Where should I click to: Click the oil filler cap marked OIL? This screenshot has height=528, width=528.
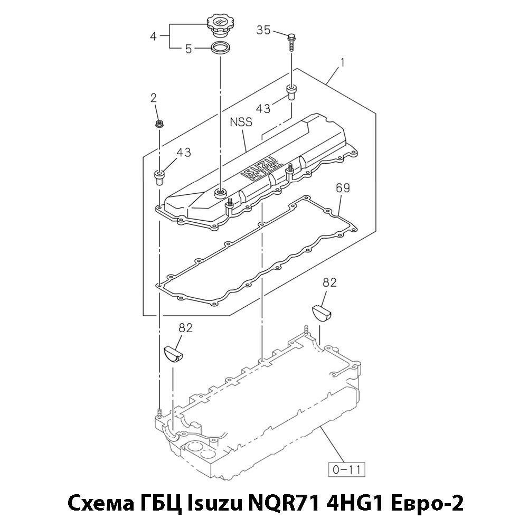(219, 26)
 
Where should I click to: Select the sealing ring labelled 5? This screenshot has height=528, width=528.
(220, 48)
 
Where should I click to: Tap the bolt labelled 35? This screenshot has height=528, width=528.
(291, 42)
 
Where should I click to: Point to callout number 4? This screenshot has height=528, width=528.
(154, 36)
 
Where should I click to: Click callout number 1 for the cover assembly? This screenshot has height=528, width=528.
(342, 63)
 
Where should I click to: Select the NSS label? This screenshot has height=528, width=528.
(241, 122)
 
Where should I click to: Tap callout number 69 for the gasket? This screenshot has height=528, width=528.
(343, 188)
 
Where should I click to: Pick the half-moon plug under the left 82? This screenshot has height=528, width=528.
(173, 354)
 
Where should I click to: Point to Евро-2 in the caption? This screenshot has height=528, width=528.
(426, 504)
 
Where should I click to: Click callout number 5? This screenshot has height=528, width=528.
(188, 49)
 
